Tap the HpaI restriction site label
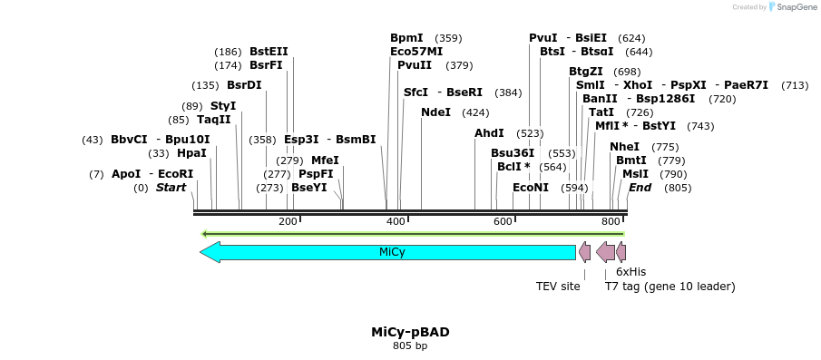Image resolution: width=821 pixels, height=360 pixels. point(191,153)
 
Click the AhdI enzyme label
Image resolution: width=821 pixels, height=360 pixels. point(489,133)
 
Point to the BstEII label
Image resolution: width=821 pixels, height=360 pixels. point(269,52)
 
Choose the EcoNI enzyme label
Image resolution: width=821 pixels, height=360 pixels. point(531,188)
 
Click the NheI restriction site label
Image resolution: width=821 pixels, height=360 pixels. point(624,147)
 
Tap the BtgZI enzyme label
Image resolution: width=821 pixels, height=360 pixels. point(586,72)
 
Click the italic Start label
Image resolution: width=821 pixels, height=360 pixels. point(171,188)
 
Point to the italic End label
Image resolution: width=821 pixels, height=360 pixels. point(640,188)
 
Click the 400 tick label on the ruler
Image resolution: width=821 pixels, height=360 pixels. point(396,222)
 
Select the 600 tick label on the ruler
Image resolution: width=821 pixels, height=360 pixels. point(503,222)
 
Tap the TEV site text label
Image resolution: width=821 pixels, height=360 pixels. point(558,287)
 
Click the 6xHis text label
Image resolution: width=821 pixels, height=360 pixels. point(630,271)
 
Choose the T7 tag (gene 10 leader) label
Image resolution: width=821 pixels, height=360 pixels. point(670,287)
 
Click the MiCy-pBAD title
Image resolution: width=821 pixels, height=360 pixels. point(410,332)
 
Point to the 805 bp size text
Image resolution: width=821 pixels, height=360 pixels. point(410,345)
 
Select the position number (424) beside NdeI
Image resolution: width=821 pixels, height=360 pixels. point(475,112)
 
